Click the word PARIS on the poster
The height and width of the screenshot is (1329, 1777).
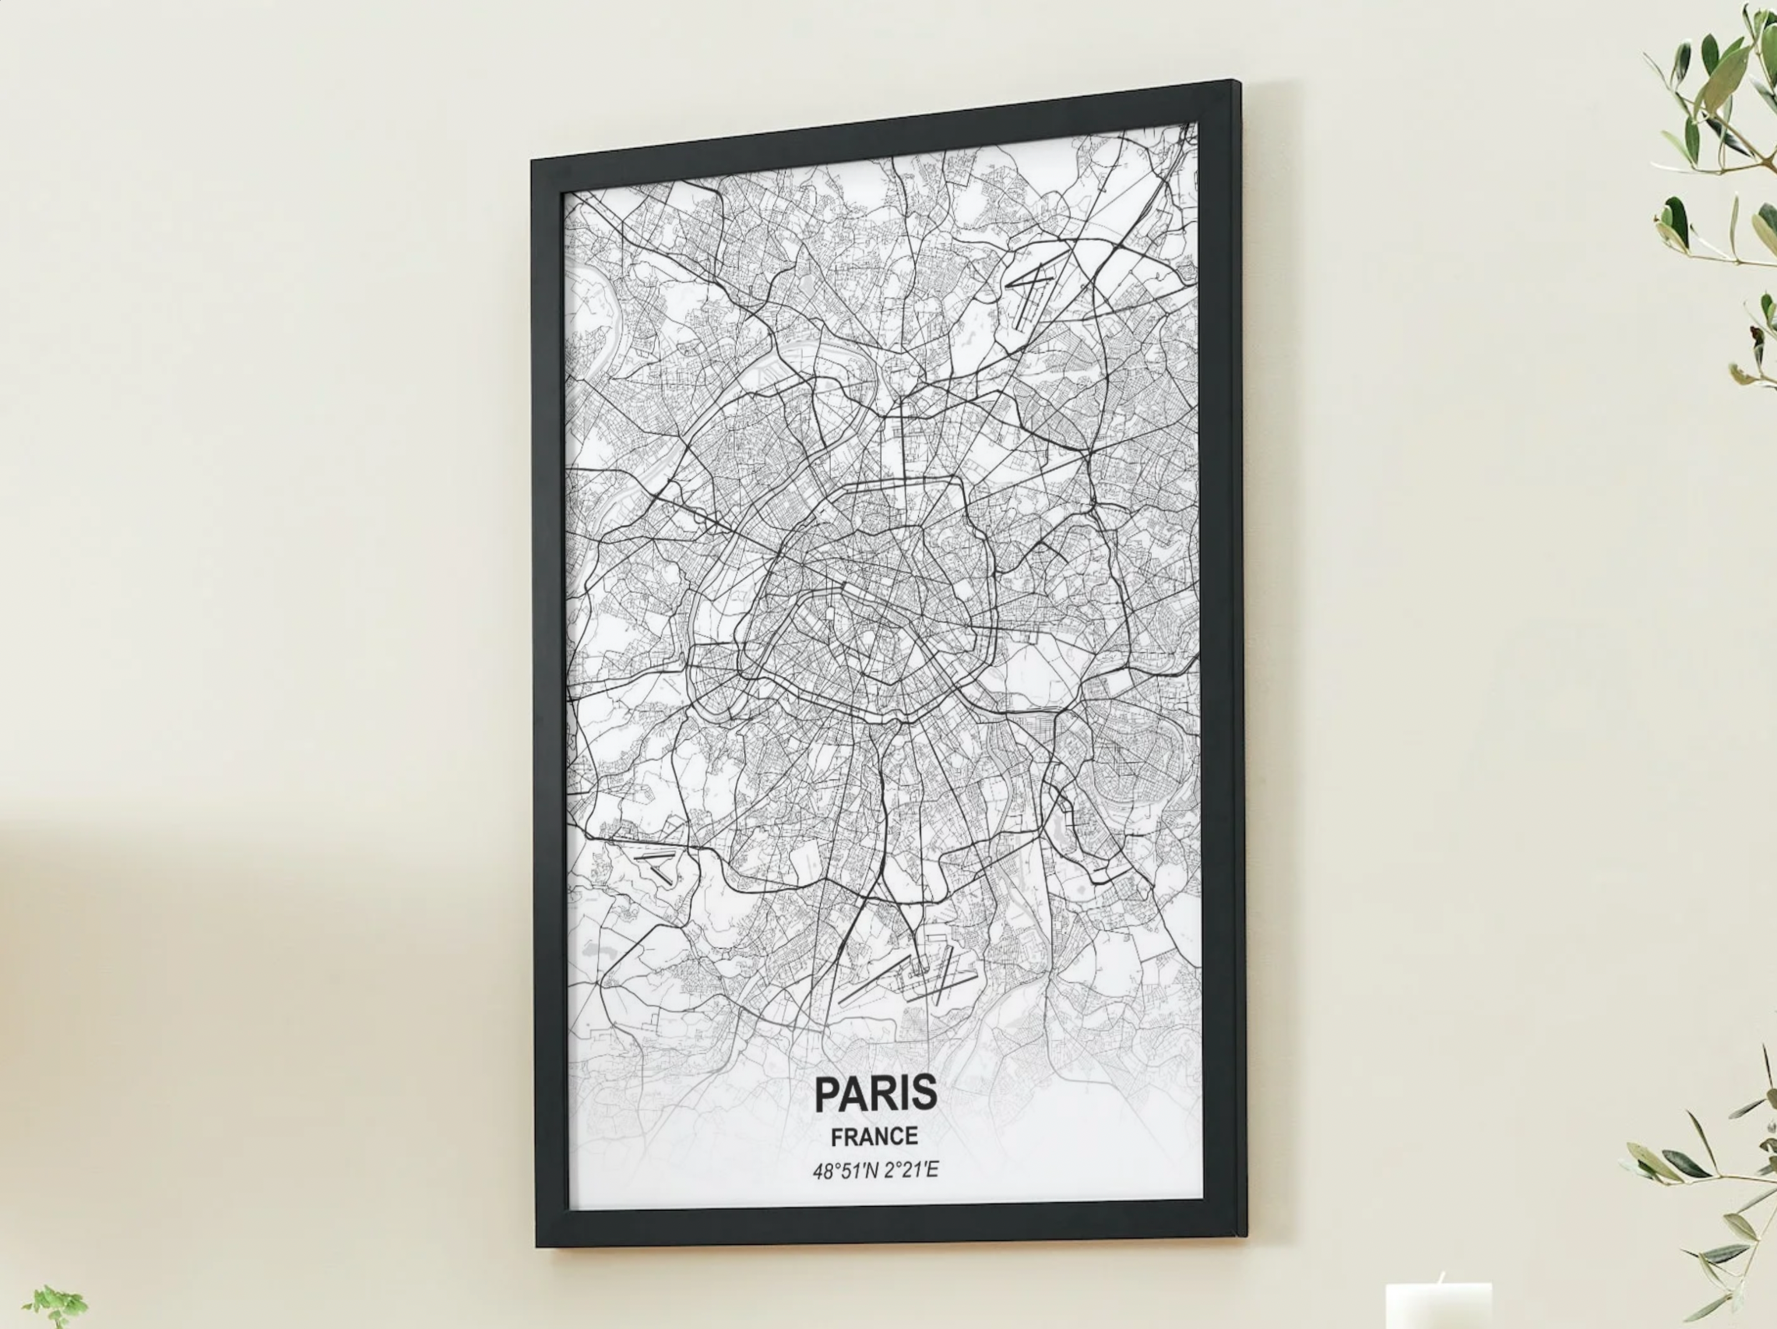(x=875, y=1093)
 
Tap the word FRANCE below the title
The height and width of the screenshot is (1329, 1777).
(x=874, y=1136)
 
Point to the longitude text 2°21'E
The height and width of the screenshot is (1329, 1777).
(x=910, y=1170)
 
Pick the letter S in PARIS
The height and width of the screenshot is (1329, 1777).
(x=924, y=1093)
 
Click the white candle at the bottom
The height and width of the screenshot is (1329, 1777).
(x=1438, y=1308)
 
